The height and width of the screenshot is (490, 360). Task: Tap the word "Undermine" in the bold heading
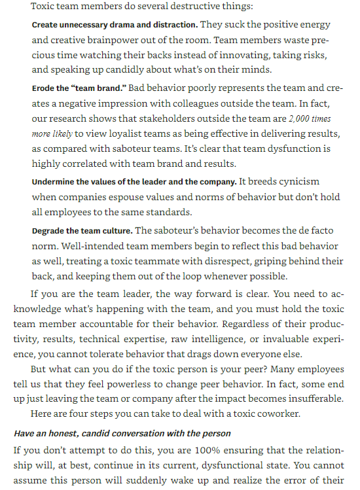pyautogui.click(x=52, y=181)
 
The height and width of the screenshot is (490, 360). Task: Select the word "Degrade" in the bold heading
pyautogui.click(x=48, y=231)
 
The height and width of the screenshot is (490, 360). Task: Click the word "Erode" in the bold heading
pyautogui.click(x=44, y=87)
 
